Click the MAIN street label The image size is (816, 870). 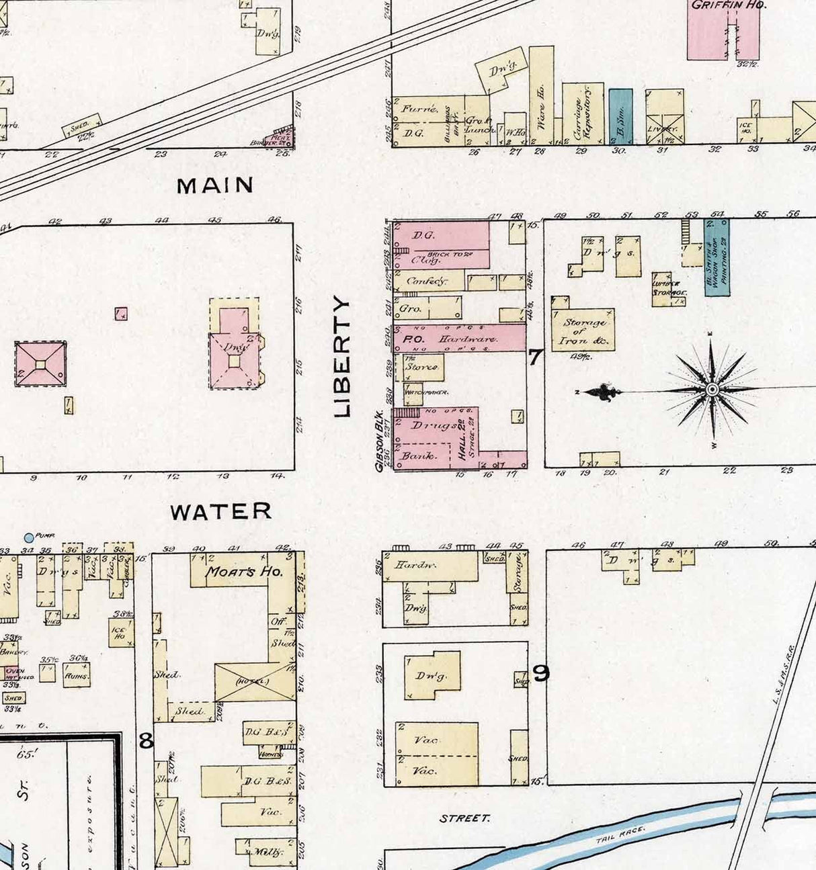(215, 185)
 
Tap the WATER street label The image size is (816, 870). (220, 511)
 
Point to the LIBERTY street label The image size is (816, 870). (342, 358)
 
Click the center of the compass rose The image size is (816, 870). (712, 389)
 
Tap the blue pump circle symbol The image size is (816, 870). (29, 537)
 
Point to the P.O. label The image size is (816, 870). (412, 340)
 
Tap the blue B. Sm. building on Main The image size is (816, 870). (620, 116)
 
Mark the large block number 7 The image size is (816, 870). (534, 357)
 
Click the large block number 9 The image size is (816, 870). (541, 672)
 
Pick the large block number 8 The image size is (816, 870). (146, 740)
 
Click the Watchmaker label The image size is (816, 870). (426, 392)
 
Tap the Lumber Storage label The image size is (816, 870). (668, 288)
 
